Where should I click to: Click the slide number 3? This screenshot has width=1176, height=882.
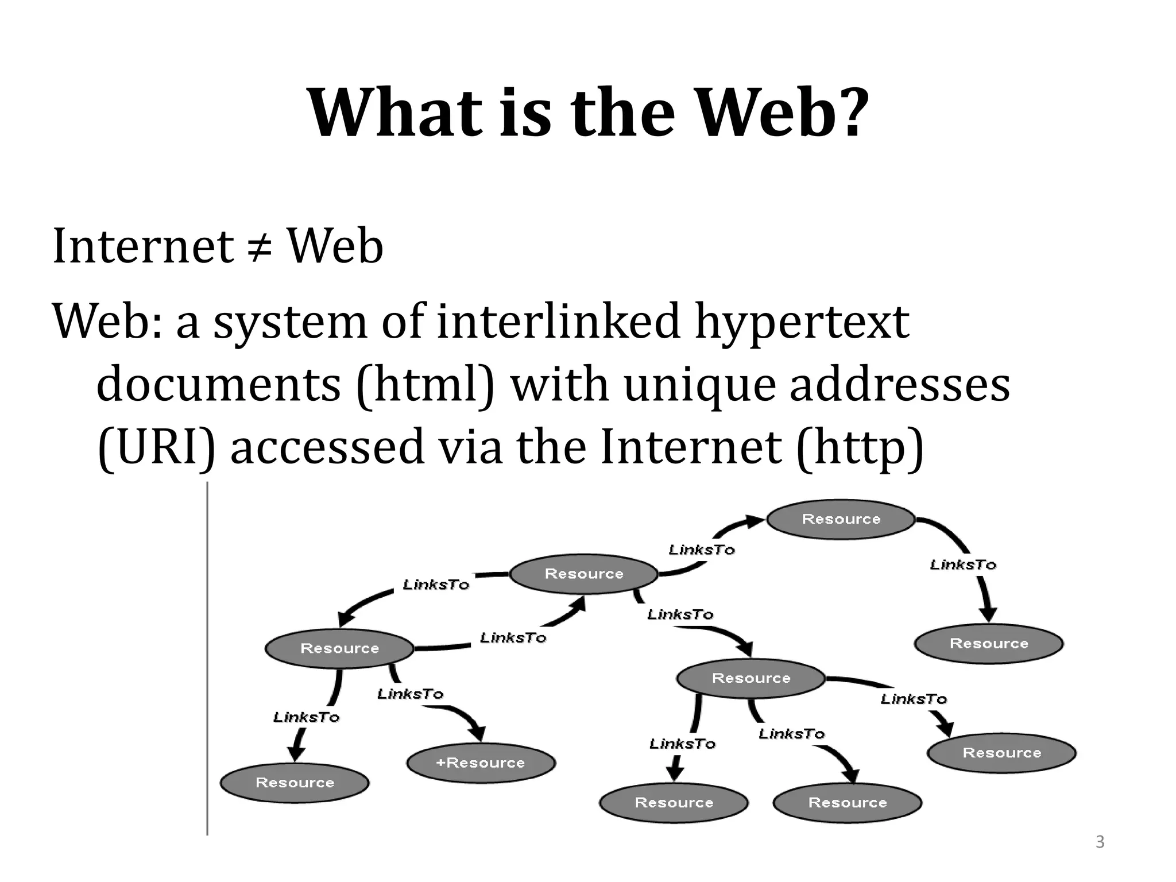[1100, 842]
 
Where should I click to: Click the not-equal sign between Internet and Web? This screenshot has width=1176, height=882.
[260, 247]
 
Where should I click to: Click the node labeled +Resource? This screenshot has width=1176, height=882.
[481, 763]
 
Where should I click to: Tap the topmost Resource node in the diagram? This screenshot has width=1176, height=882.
[841, 519]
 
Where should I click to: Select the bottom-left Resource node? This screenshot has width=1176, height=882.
[295, 782]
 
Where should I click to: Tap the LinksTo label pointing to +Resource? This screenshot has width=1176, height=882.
[410, 694]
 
